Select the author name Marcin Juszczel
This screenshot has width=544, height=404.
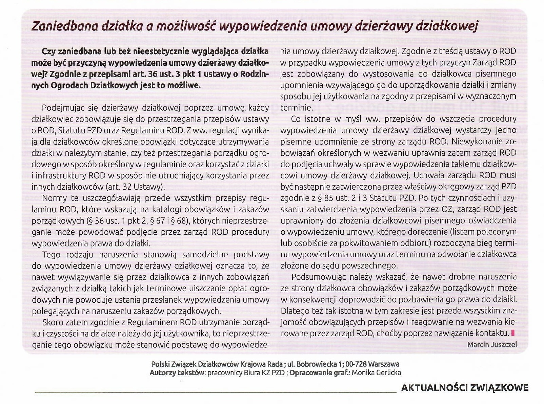click(492, 344)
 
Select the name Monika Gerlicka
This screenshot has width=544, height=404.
click(376, 373)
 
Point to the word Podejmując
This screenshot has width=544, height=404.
click(63, 108)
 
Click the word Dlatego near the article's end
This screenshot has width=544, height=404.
click(296, 311)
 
